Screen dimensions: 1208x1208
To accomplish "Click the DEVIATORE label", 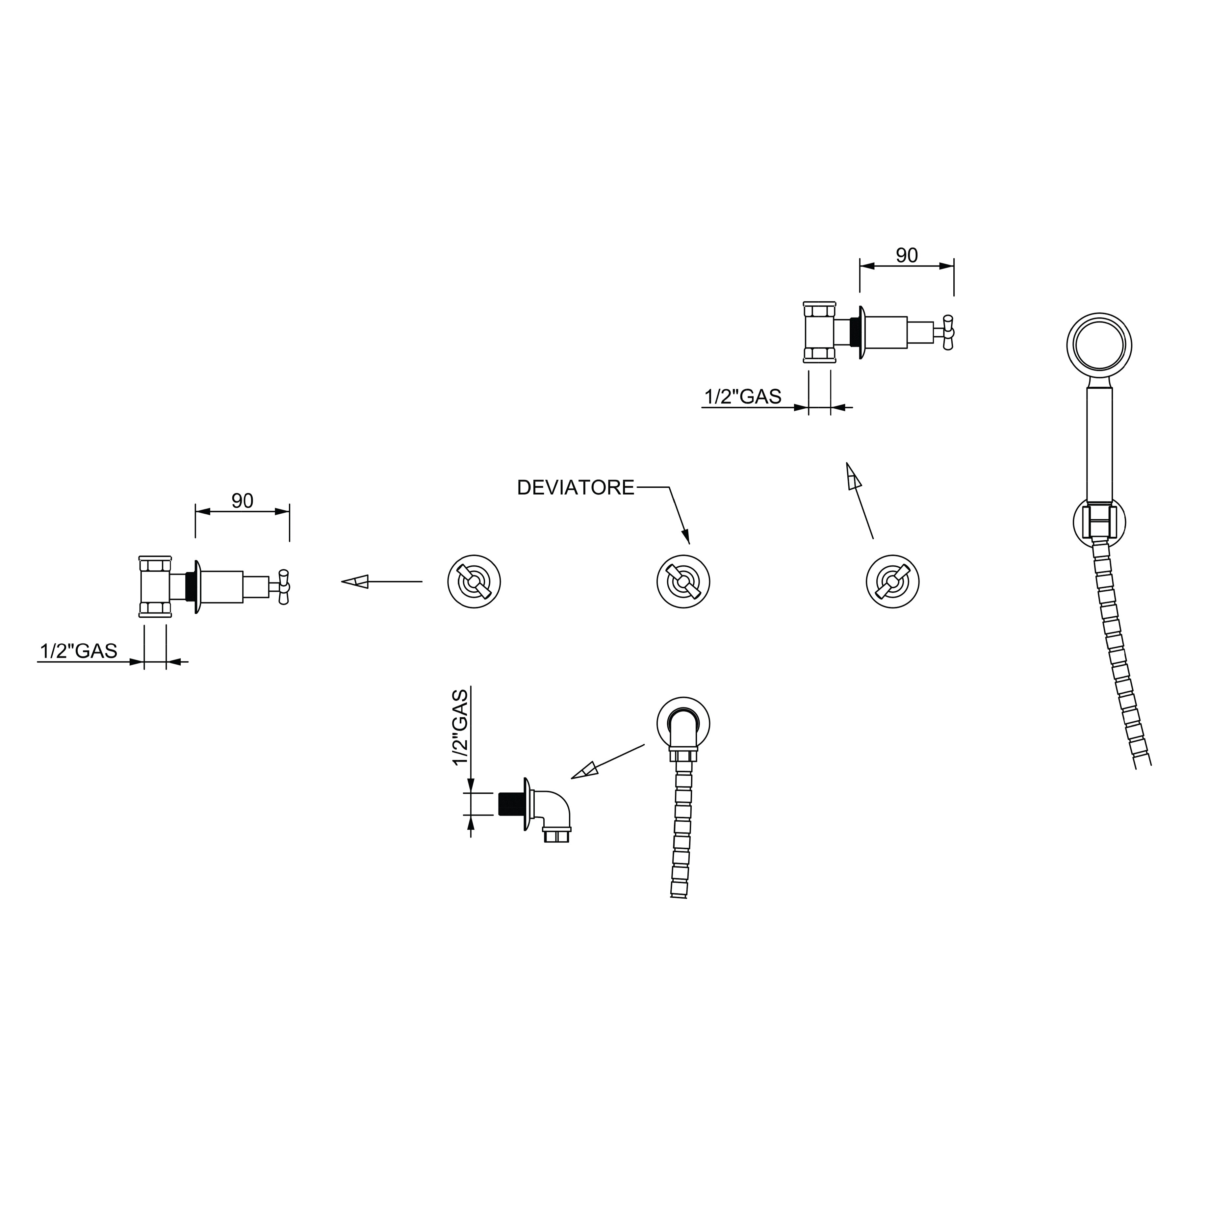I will (x=575, y=488).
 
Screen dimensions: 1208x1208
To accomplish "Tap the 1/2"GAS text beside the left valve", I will (x=79, y=651).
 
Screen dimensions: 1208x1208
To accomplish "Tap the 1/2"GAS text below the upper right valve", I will (x=743, y=397).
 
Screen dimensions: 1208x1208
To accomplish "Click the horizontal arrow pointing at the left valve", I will (x=381, y=581).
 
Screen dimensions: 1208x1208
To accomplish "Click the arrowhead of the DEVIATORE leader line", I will (x=686, y=536).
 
